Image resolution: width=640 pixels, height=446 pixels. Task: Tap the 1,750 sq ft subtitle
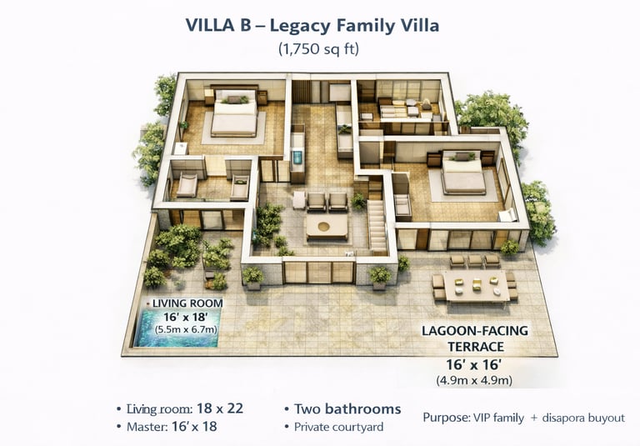pyautogui.click(x=319, y=48)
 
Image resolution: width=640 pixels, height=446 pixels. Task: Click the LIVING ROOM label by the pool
pyautogui.click(x=187, y=303)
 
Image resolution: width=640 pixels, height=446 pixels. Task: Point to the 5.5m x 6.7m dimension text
pyautogui.click(x=186, y=329)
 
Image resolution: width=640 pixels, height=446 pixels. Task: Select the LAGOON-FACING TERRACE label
pyautogui.click(x=475, y=338)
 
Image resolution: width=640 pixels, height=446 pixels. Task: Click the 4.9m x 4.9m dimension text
pyautogui.click(x=474, y=381)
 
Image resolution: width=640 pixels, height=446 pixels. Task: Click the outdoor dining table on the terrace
pyautogui.click(x=477, y=286)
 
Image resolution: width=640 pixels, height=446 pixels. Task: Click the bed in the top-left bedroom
pyautogui.click(x=235, y=113)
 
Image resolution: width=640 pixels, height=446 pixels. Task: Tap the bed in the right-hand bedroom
pyautogui.click(x=463, y=173)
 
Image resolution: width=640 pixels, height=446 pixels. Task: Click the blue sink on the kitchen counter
pyautogui.click(x=297, y=157)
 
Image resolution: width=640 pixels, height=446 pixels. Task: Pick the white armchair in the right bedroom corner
pyautogui.click(x=508, y=215)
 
